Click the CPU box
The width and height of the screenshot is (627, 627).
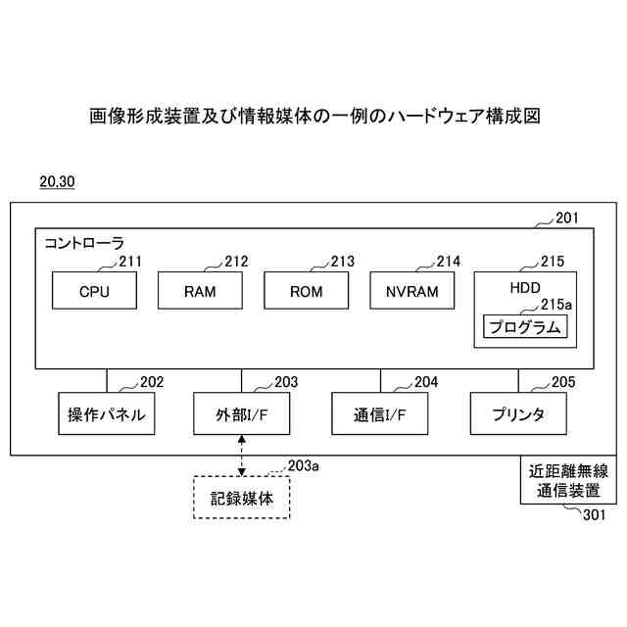pos(94,291)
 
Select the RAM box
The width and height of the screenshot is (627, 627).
pos(200,291)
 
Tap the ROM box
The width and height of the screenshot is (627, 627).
pos(307,291)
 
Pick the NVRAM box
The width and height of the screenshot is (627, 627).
pos(412,291)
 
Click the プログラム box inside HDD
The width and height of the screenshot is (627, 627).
pos(525,327)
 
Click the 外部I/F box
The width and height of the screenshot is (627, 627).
pos(241,414)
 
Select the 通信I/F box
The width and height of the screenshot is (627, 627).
pos(380,414)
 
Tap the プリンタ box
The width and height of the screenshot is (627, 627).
pos(519,414)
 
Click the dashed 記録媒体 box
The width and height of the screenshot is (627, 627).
pos(242,498)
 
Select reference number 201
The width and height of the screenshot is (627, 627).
pos(567,218)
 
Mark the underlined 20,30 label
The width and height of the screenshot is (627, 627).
pos(57,182)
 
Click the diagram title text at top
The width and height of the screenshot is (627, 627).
pos(313,117)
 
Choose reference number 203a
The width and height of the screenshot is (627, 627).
pos(303,466)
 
